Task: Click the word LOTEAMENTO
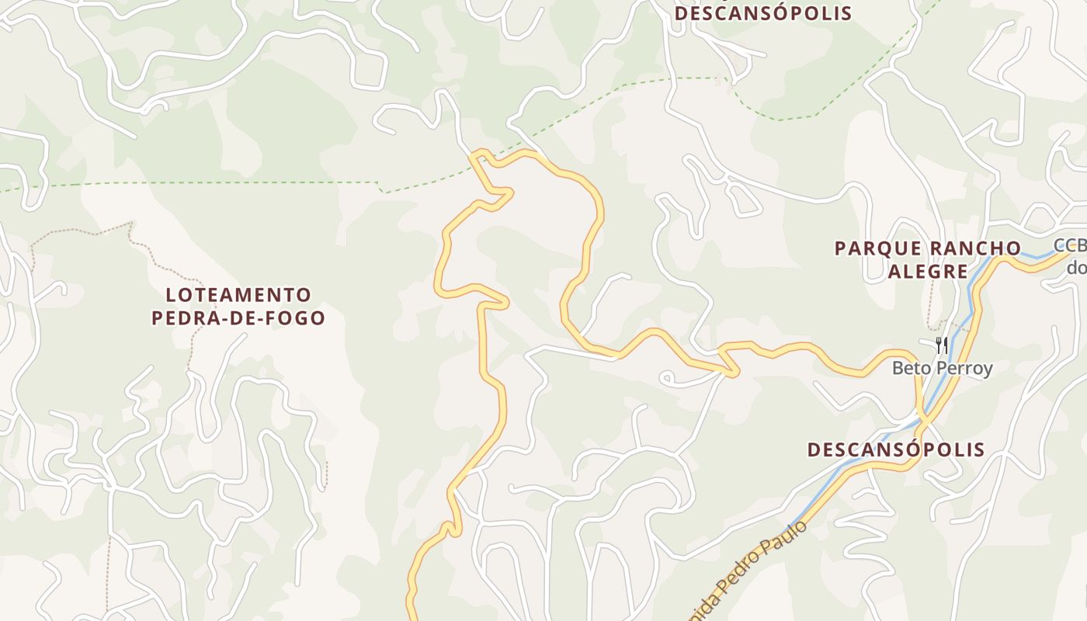(x=238, y=295)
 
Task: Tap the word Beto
(x=910, y=368)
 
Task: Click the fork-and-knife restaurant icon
(x=941, y=345)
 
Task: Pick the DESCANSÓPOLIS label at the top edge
(x=762, y=13)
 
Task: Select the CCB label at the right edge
(x=1070, y=246)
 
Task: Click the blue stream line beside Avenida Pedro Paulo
(x=823, y=489)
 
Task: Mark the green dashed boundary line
(x=233, y=182)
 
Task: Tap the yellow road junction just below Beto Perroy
(x=922, y=419)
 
